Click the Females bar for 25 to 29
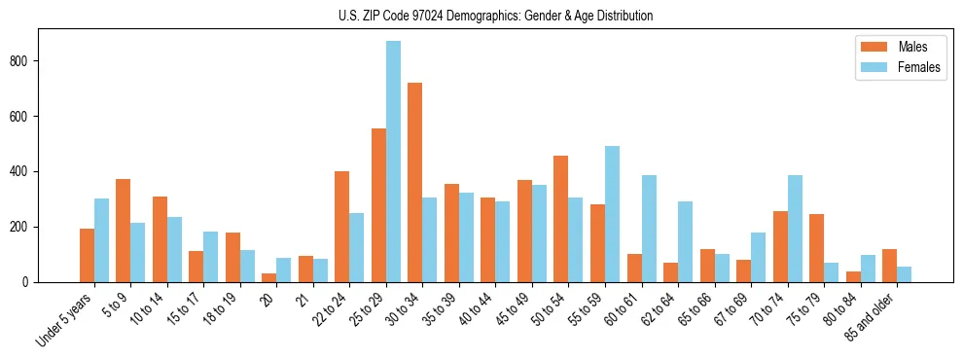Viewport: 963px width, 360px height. (x=393, y=162)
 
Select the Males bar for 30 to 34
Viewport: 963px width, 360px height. (x=415, y=183)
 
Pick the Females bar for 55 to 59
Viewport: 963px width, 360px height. (x=612, y=214)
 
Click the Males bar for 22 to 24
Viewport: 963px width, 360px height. (x=342, y=227)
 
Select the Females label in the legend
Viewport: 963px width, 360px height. (x=919, y=69)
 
